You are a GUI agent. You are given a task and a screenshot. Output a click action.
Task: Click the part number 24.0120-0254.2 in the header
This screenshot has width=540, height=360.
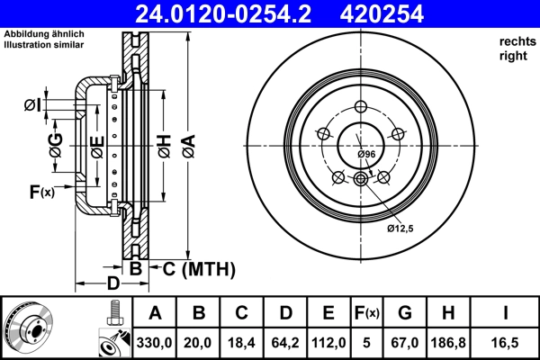[x=229, y=13]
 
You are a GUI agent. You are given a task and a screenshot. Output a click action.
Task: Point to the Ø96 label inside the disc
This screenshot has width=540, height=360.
[x=367, y=155]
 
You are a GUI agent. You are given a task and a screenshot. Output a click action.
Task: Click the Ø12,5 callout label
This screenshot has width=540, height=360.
[x=400, y=229]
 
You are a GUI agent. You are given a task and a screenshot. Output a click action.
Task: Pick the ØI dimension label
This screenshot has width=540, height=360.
[x=32, y=106]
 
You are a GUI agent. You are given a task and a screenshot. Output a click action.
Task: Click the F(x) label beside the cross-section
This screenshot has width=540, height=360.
[x=41, y=191]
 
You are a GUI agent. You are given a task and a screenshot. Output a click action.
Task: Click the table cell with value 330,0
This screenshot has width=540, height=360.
[x=155, y=343]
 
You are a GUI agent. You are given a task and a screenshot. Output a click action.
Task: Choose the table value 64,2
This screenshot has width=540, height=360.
[x=285, y=343]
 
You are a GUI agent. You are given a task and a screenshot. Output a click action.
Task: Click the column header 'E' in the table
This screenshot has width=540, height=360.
[x=328, y=314]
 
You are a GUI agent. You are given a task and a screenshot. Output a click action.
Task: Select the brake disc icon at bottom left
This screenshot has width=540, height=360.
[x=29, y=326]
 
